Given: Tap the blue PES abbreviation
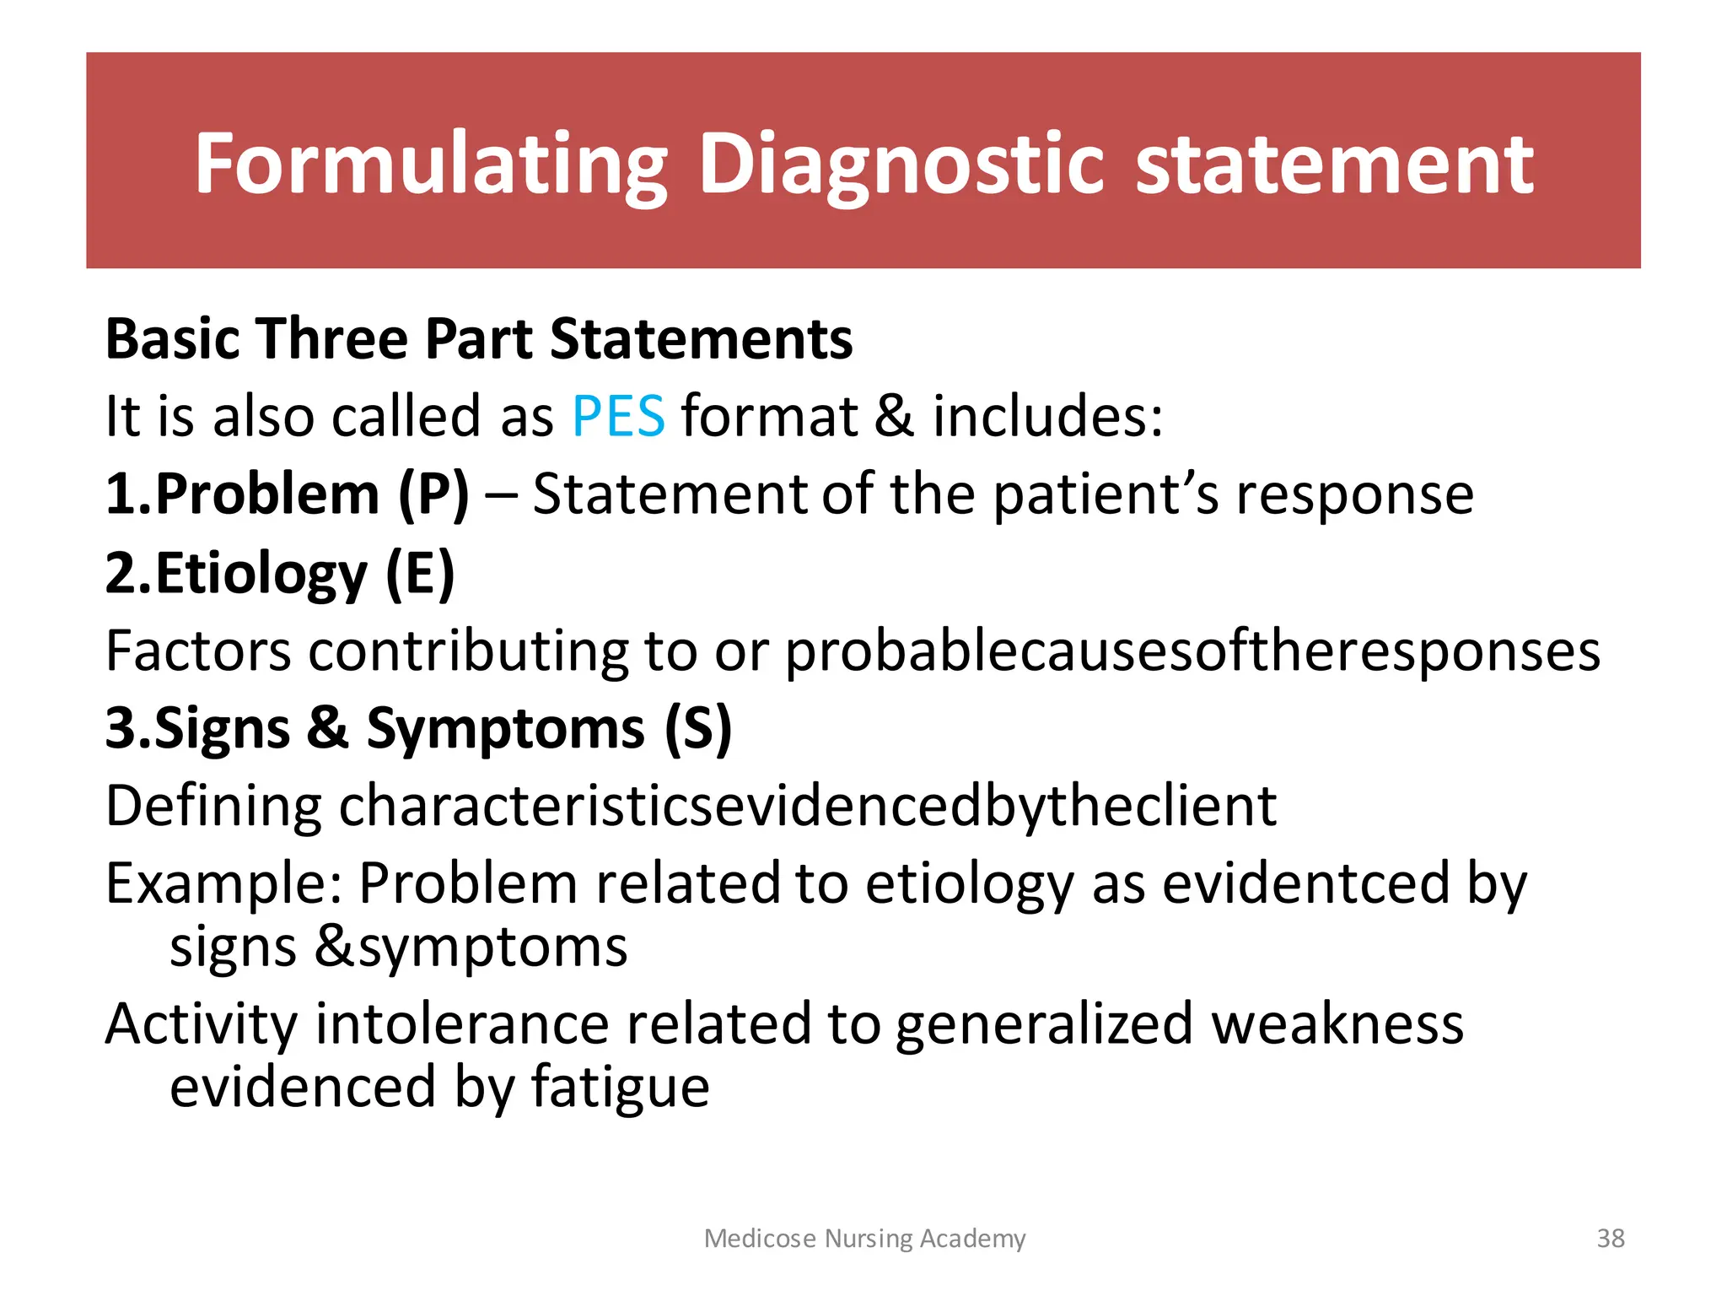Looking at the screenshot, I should tap(618, 416).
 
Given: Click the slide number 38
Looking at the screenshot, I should tap(1611, 1238).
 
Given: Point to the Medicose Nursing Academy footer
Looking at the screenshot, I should tap(864, 1238).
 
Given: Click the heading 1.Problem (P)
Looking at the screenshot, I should tap(287, 494).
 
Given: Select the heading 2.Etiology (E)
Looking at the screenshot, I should tap(280, 574).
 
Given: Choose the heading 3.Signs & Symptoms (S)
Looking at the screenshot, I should tap(418, 728).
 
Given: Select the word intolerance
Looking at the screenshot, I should tap(461, 1023).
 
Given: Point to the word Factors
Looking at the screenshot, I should tap(197, 651).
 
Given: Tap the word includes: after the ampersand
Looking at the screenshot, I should tap(1047, 416).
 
